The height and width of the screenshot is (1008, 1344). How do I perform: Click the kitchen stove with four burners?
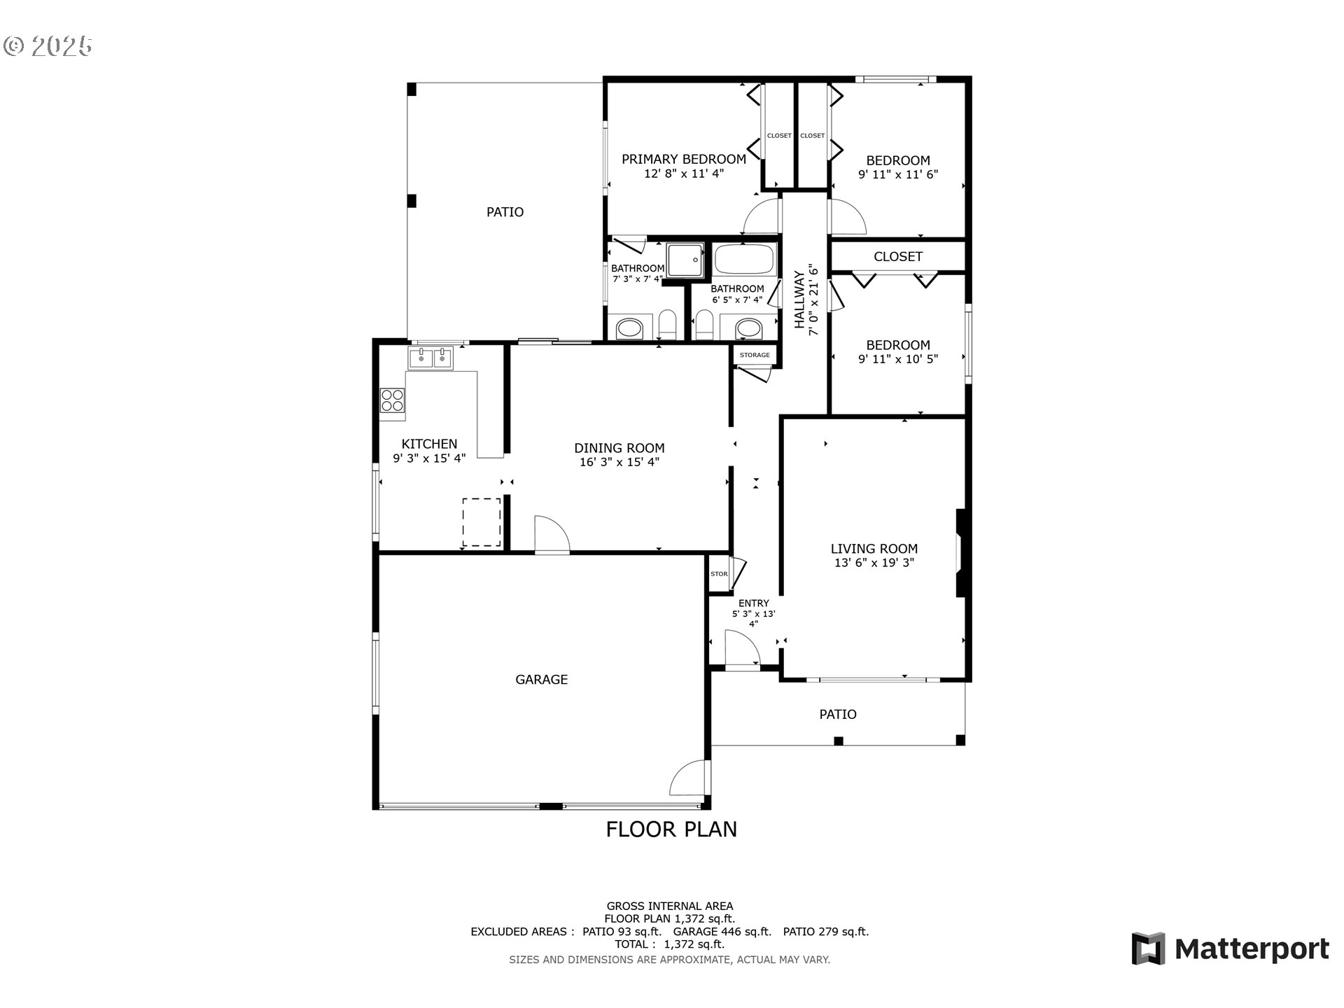point(392,400)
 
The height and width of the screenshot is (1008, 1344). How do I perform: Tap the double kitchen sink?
point(430,358)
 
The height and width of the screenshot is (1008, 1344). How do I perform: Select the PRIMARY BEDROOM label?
point(683,159)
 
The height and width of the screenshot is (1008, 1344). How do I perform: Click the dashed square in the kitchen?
point(482,522)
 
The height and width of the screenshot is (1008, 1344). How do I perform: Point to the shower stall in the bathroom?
point(684,260)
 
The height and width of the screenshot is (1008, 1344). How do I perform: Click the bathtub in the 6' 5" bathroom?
point(744,260)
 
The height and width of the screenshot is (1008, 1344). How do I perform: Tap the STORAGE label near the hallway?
point(755,355)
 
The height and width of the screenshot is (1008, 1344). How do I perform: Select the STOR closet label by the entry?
point(719,574)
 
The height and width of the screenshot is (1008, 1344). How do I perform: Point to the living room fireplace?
point(961,552)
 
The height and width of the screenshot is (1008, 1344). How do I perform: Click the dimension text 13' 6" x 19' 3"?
point(874,563)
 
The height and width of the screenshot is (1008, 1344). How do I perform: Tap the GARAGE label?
point(541,679)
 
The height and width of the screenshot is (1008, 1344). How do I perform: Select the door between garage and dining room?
point(552,535)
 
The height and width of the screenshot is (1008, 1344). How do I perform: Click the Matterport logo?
point(1230,948)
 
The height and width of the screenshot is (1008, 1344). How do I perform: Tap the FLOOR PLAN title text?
point(671,829)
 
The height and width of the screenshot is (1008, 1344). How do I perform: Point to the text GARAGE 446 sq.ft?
point(722,932)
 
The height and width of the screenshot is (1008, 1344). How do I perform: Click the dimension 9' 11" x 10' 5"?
point(897,359)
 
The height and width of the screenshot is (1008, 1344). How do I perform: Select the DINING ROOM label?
point(619,448)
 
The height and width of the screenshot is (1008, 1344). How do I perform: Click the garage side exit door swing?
point(689,778)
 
